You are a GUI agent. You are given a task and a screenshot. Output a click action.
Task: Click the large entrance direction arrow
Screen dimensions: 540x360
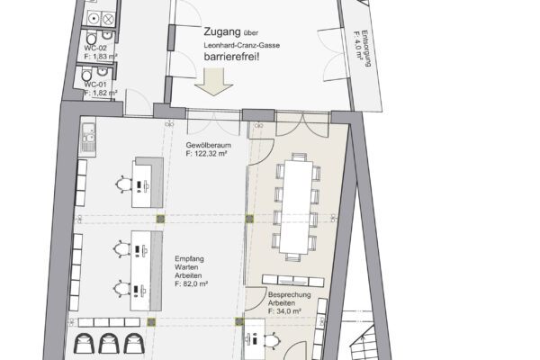point(213,82)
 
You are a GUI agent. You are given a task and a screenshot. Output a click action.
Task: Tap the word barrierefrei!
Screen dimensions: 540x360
point(231,57)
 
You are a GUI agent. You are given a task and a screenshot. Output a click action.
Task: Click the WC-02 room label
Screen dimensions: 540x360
point(95,48)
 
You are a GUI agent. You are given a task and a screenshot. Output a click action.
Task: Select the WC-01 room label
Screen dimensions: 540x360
point(95,85)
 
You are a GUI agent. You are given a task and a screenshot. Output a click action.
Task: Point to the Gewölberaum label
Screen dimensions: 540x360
point(209,145)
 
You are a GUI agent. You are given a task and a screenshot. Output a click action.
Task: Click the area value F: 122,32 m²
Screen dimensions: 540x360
point(206,154)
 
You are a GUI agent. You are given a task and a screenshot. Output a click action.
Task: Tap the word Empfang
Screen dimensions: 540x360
point(189,258)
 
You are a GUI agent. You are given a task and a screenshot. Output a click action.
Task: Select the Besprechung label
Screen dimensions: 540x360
point(289,295)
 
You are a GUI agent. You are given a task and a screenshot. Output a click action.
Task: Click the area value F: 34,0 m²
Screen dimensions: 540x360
point(284,311)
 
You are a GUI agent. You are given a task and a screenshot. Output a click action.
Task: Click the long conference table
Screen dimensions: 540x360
point(296,207)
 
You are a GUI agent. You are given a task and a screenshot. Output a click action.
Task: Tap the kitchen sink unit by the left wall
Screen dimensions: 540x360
point(88,138)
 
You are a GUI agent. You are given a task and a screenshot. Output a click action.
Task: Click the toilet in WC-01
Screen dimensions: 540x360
point(86,75)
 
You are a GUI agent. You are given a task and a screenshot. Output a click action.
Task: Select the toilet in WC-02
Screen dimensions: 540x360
point(91,38)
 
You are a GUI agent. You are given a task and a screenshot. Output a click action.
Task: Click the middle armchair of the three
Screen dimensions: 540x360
point(109,343)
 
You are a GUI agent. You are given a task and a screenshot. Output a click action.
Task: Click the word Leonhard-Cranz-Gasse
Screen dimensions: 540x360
point(242,45)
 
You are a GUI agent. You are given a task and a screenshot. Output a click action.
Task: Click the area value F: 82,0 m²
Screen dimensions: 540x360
point(191,284)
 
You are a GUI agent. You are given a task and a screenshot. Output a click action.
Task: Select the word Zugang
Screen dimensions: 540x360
point(222,32)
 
